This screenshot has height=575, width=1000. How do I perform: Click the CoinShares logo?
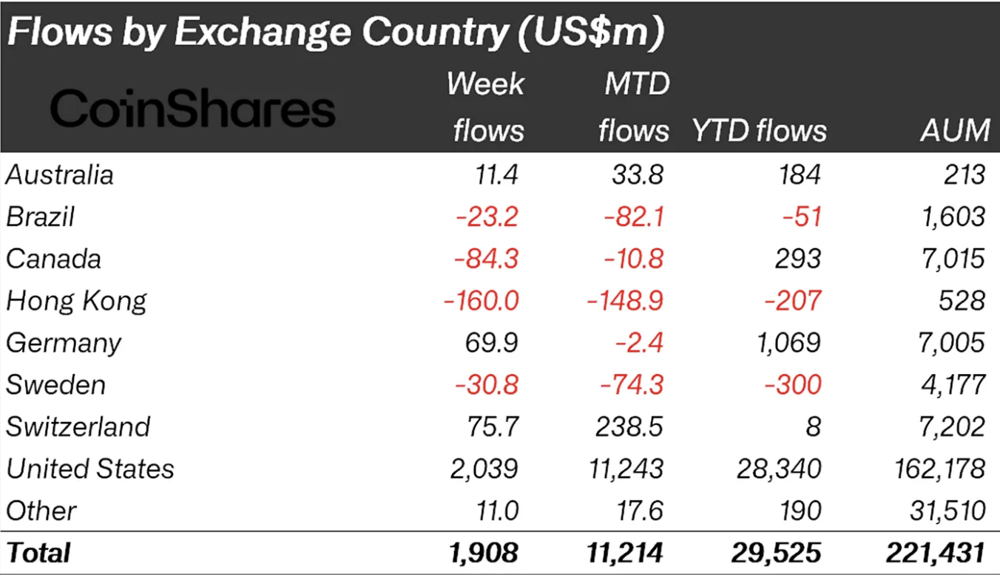(192, 109)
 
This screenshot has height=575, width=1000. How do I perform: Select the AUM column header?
(955, 131)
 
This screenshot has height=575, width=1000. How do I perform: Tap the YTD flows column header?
(759, 131)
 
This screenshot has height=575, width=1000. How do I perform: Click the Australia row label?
(60, 175)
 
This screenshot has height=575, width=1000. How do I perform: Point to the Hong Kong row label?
(76, 301)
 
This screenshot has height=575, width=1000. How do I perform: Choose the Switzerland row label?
(78, 426)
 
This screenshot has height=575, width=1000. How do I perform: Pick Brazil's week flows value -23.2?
(487, 217)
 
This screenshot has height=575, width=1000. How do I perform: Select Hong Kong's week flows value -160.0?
(481, 301)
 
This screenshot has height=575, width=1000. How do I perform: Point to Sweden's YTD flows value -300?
(792, 385)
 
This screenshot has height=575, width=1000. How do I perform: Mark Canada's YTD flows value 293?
(798, 259)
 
